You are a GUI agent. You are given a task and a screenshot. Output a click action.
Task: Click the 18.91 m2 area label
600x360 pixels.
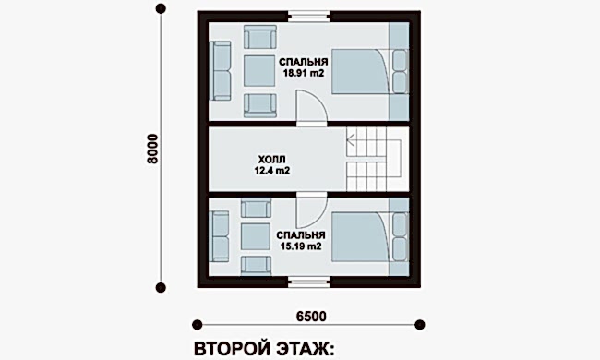point(304,73)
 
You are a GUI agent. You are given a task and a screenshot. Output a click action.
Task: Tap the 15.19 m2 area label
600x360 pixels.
point(301,246)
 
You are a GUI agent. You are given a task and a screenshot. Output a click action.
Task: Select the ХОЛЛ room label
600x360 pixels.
point(272,159)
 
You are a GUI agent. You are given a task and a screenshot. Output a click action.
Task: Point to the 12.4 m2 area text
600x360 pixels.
point(272,171)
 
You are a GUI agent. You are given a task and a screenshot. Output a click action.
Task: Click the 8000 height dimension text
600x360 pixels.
point(152,149)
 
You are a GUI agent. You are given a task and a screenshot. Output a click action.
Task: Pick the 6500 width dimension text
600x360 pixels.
point(311,317)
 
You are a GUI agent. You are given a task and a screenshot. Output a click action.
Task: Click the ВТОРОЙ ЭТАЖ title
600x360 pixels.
point(264,349)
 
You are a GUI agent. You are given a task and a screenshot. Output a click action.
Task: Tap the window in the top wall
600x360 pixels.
point(309,17)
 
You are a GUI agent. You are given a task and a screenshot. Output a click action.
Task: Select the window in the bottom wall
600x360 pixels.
point(309,282)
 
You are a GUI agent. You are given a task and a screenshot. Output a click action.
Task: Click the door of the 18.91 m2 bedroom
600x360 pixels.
point(311,107)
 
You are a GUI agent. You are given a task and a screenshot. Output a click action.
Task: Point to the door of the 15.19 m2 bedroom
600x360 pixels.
point(311,210)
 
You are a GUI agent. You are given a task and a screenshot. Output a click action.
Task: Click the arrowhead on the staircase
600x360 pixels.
point(350,140)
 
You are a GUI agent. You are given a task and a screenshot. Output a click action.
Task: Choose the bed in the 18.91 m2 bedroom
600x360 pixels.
point(369,71)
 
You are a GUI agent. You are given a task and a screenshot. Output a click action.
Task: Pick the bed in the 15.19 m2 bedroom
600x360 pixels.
point(369,237)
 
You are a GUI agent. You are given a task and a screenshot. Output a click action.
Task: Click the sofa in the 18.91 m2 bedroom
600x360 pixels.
point(222,71)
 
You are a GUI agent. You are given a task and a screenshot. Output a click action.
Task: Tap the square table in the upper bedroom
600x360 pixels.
point(259,71)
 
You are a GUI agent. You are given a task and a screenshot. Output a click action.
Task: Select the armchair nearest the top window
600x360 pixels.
point(260,37)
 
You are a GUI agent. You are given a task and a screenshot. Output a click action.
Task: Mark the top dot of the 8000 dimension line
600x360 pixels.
point(161,8)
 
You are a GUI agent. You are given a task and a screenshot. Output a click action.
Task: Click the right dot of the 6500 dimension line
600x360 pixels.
point(420,325)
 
